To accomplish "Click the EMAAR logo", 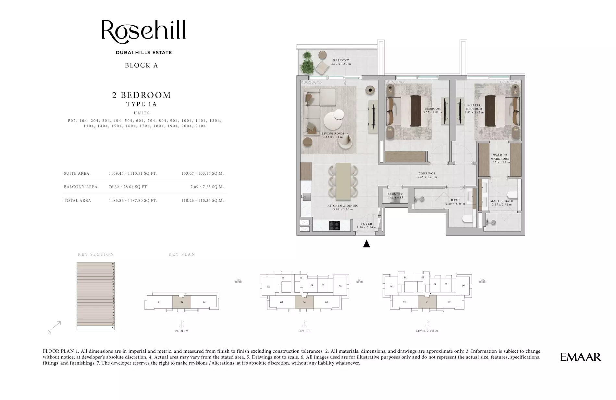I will pos(580,357).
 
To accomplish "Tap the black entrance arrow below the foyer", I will pos(366,244).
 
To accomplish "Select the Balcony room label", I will pos(341,61).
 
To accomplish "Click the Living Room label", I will pos(333,134).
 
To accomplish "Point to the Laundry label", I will pos(395,194).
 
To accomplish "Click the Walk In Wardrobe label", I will pos(500,157).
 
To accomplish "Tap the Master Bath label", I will pos(501,201).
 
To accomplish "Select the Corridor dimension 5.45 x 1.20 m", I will pos(427,177).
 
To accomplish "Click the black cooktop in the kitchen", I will pos(334,226).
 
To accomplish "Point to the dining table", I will pos(343,182).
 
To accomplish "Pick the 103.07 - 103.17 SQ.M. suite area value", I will pos(203,173).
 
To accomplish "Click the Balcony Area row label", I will pos(80,187).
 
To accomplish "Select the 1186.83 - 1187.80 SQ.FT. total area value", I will pos(133,201).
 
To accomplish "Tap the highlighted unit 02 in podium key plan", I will pos(181,302).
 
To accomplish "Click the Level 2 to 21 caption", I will pos(427,331).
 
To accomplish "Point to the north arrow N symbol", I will pos(50,332).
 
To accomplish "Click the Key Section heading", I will pos(96,254).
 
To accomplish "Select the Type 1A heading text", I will pos(142,104).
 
